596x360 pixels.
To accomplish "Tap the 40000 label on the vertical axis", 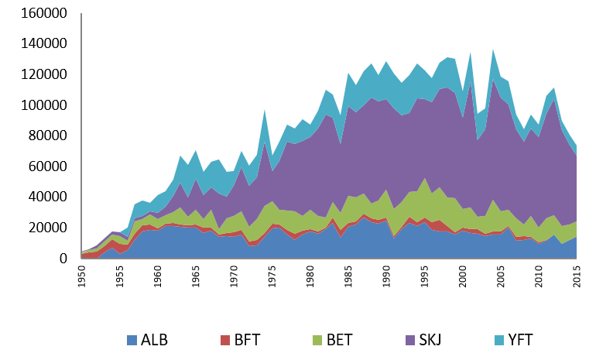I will point(51,197).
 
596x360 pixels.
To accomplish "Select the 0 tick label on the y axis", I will point(64,258).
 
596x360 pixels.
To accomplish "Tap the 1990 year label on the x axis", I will point(386,276).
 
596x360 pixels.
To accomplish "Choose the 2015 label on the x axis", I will point(577,276).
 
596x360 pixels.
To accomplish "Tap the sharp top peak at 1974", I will point(265,109).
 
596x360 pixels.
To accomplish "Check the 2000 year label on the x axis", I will point(462,276).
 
